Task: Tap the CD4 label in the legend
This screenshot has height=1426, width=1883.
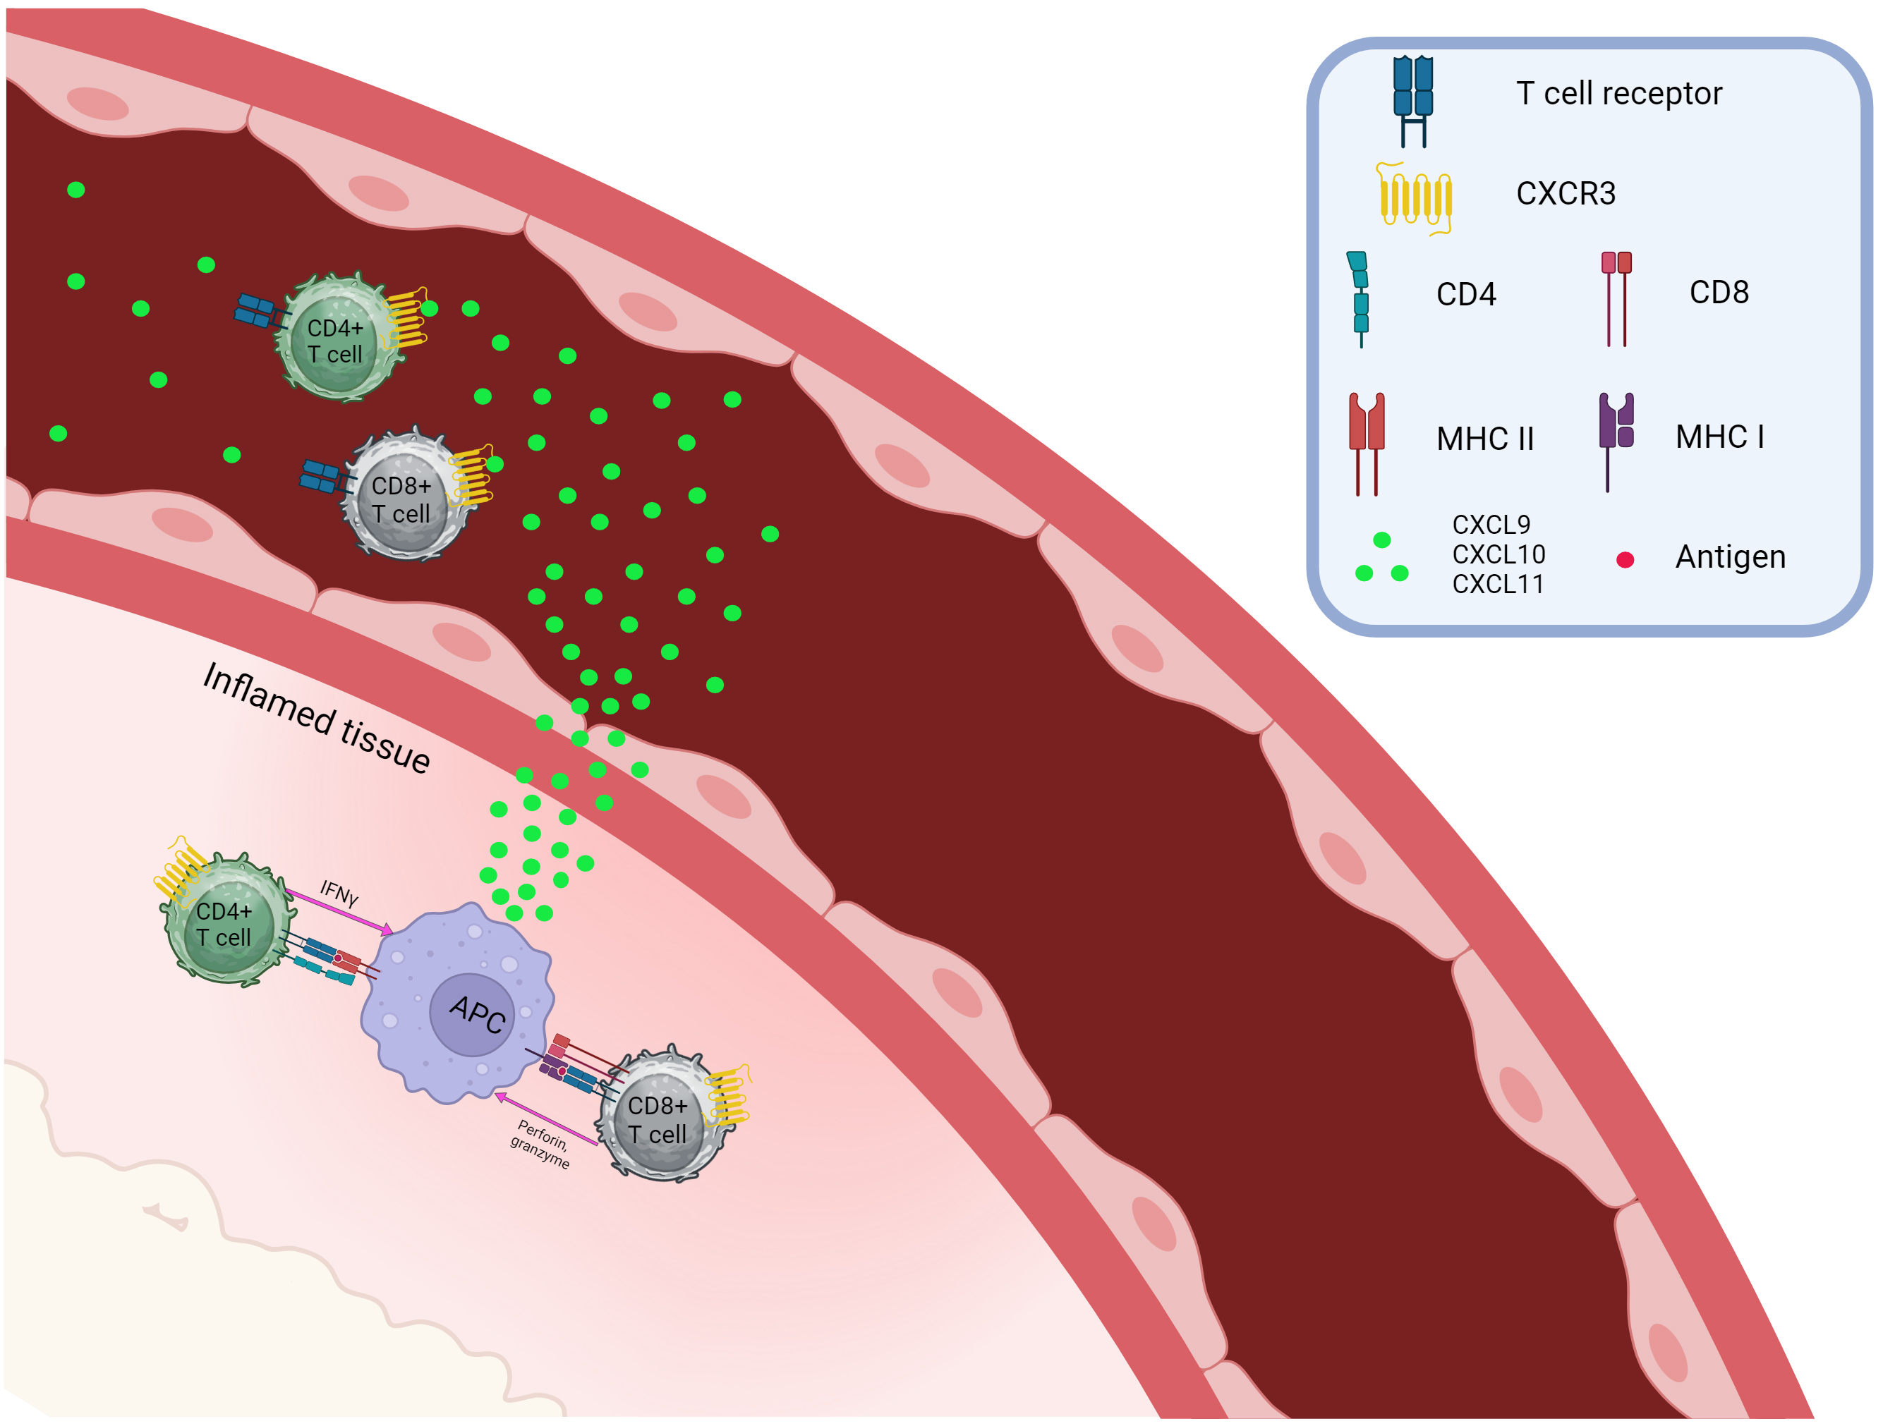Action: click(1466, 294)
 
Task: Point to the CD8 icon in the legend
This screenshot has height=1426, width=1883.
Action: click(1616, 297)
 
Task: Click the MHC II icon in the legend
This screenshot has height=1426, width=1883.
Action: click(1367, 442)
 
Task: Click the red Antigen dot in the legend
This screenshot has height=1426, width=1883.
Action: click(1624, 560)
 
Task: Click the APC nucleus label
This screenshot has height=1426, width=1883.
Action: click(477, 1014)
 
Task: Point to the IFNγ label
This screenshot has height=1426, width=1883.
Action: click(339, 893)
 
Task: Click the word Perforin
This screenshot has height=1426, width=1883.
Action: click(543, 1133)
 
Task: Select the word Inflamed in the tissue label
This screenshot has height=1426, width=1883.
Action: click(267, 697)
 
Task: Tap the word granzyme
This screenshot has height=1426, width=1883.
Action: click(540, 1154)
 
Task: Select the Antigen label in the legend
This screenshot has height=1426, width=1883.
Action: click(1730, 557)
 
